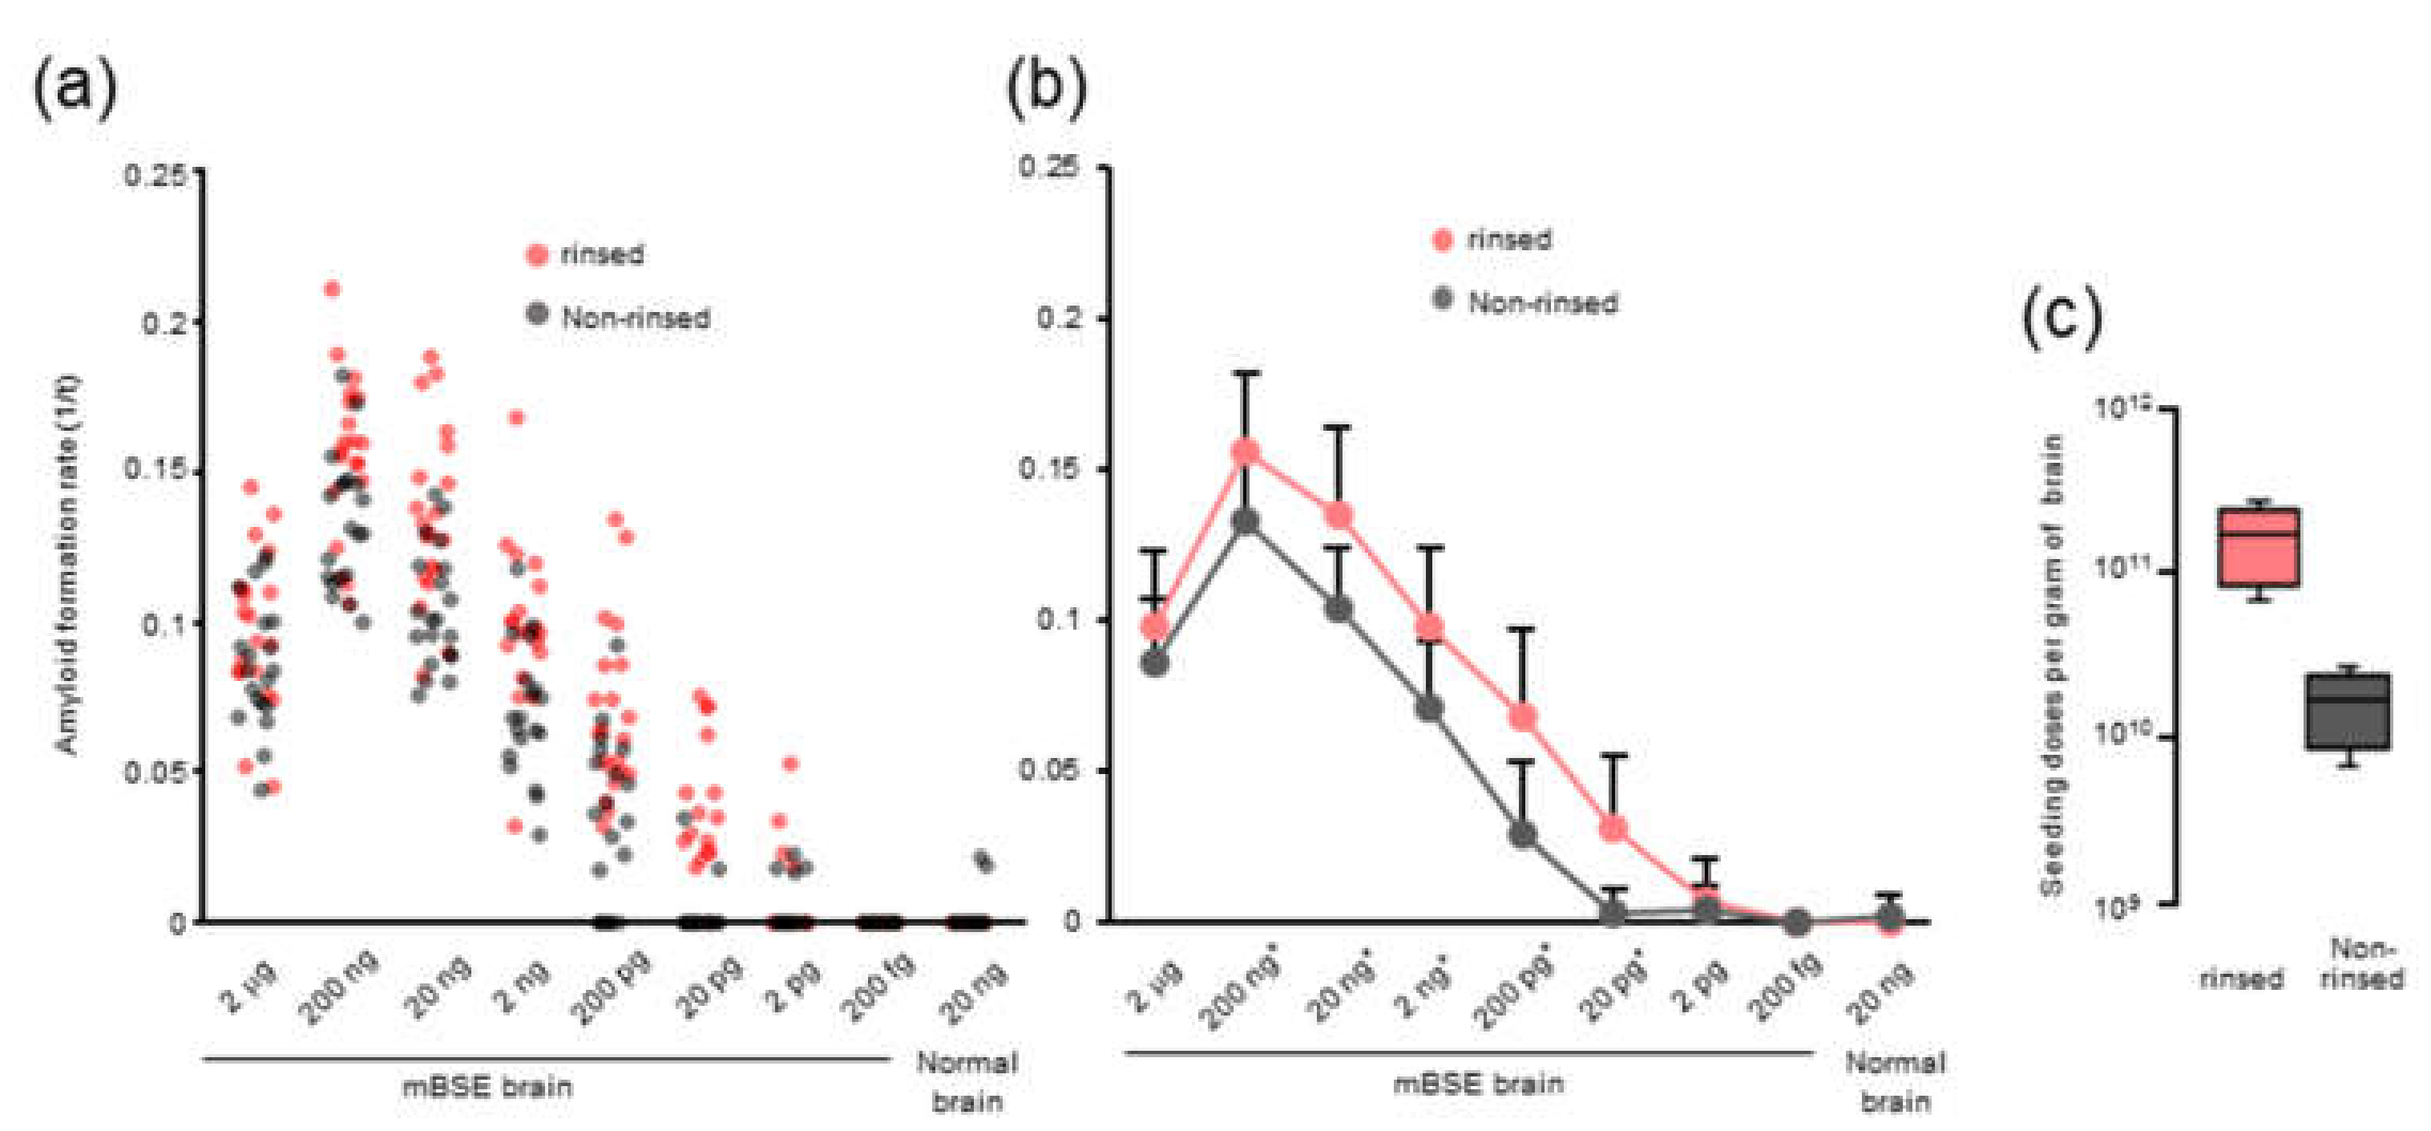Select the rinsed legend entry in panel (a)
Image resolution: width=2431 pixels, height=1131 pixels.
coord(585,255)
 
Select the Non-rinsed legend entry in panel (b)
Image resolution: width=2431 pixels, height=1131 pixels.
coord(1525,302)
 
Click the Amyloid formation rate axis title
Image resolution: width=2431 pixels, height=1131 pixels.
coord(69,566)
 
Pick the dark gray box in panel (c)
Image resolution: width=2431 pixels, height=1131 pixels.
coord(2348,711)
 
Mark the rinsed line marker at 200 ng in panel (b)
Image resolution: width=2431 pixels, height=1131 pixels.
coord(1246,452)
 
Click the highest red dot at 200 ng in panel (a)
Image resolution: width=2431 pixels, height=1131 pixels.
coord(332,289)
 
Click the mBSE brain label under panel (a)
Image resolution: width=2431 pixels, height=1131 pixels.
coord(487,1087)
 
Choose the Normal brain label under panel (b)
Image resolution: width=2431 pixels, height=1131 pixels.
coord(1894,1081)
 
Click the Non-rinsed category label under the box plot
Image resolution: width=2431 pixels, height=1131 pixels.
coord(2360,963)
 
